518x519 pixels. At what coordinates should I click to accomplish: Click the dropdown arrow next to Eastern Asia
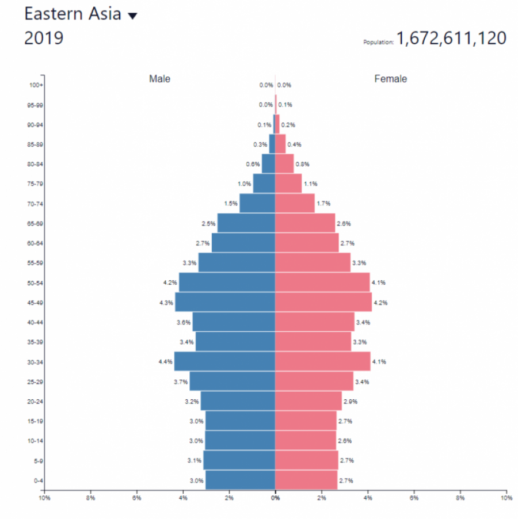[x=132, y=16]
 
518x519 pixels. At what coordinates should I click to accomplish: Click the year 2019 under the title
[x=44, y=39]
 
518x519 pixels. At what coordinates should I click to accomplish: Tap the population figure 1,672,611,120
[x=451, y=39]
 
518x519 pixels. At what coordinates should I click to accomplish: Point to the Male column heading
[x=159, y=79]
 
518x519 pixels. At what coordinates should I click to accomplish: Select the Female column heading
[x=390, y=79]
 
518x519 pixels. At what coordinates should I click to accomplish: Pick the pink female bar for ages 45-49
[x=323, y=302]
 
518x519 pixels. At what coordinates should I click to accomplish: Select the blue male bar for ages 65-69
[x=246, y=223]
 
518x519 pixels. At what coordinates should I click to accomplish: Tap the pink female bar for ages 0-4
[x=306, y=480]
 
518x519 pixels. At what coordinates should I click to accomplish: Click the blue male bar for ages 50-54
[x=227, y=283]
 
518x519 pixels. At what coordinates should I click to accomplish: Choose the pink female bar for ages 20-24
[x=308, y=400]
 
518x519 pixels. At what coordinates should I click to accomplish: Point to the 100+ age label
[x=36, y=85]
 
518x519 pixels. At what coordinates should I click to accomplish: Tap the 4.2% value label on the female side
[x=380, y=303]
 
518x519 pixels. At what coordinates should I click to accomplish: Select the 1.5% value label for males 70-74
[x=231, y=204]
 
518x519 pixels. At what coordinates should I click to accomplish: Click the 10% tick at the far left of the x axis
[x=44, y=497]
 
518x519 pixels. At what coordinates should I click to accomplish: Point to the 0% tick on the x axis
[x=275, y=497]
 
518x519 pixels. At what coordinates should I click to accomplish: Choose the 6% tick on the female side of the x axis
[x=413, y=497]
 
